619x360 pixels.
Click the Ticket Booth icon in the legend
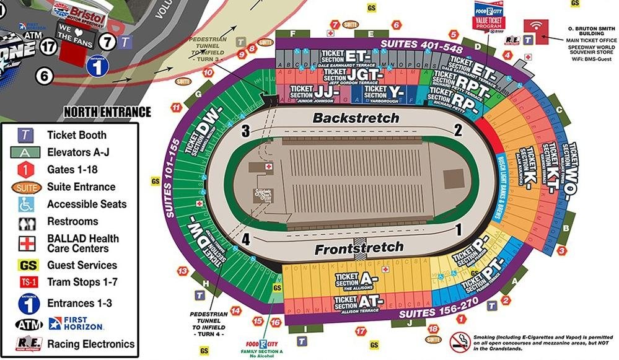(x=25, y=135)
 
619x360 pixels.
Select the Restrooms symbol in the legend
(x=25, y=222)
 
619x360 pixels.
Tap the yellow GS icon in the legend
(x=25, y=265)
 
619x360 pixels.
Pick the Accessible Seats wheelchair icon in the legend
(x=25, y=204)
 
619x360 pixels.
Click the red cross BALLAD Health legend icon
(x=25, y=243)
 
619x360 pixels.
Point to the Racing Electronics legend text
(x=90, y=344)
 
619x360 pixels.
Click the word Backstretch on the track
(x=356, y=118)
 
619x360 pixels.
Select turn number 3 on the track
(x=245, y=131)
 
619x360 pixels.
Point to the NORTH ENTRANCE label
(x=107, y=112)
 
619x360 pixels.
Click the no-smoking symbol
(x=459, y=340)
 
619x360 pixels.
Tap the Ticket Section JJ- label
(x=316, y=92)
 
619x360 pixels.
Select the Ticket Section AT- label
(x=359, y=302)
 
